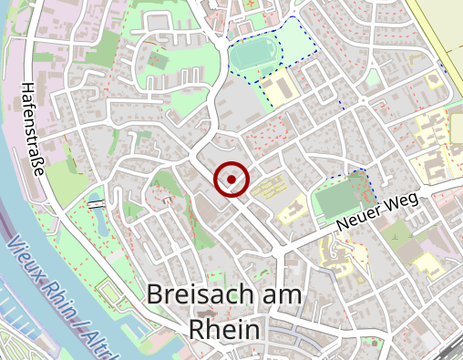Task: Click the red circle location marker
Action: (x=231, y=179)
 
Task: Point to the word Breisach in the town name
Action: (x=198, y=295)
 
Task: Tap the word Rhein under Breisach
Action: (x=227, y=329)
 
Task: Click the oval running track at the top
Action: (x=251, y=55)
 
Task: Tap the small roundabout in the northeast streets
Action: (x=364, y=99)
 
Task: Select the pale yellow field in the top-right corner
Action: (x=437, y=27)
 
